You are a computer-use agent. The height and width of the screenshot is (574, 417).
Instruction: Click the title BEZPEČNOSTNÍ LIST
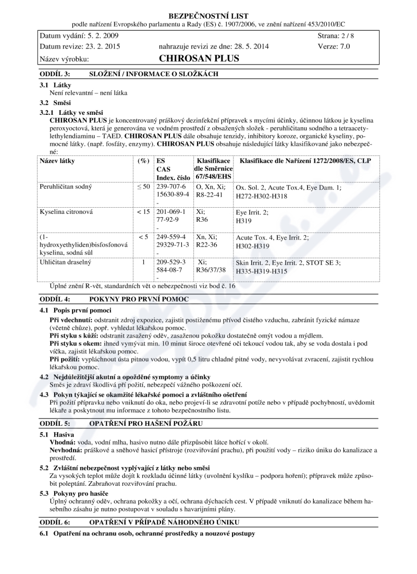click(x=208, y=16)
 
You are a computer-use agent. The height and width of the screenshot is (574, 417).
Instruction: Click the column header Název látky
click(x=57, y=161)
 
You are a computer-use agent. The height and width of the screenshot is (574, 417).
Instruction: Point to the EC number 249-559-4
click(x=171, y=237)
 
